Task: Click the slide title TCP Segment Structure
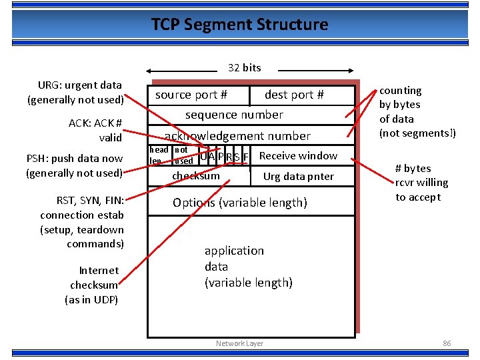point(239,25)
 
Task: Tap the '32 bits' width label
point(244,67)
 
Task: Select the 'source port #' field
point(191,95)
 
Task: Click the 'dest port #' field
point(294,95)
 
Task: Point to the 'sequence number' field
point(234,115)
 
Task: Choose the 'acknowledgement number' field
point(237,136)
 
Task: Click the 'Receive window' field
point(298,155)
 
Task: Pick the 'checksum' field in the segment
point(196,176)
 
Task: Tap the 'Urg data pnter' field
point(298,177)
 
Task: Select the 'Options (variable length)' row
point(240,203)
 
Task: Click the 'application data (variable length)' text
point(248,266)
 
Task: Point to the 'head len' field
point(158,155)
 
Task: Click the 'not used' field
point(183,155)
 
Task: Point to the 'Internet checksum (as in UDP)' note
point(93,285)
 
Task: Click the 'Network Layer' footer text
point(239,343)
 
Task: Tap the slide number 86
point(447,343)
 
